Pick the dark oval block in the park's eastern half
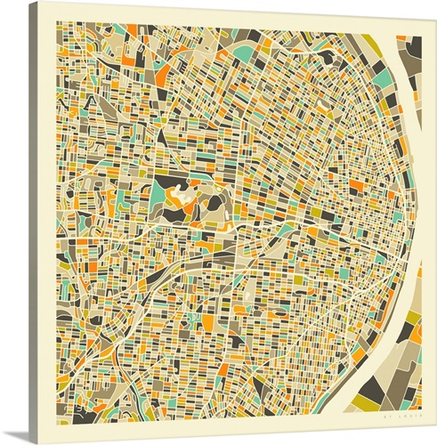(214, 204)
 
